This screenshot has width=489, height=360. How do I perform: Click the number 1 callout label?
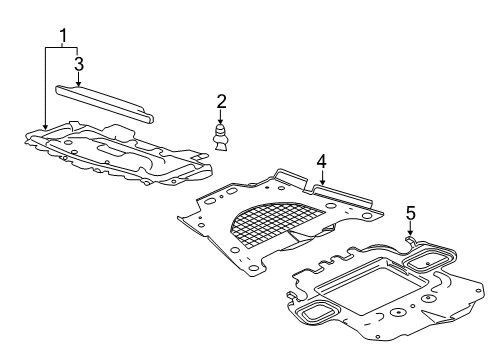64,37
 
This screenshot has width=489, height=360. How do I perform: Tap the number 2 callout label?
222,100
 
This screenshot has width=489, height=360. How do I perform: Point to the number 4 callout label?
321,160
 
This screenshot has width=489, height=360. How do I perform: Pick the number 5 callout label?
409,212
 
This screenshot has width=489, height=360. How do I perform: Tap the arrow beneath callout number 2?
222,116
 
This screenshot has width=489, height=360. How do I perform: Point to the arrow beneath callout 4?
321,177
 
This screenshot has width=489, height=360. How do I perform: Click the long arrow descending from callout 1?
46,90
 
